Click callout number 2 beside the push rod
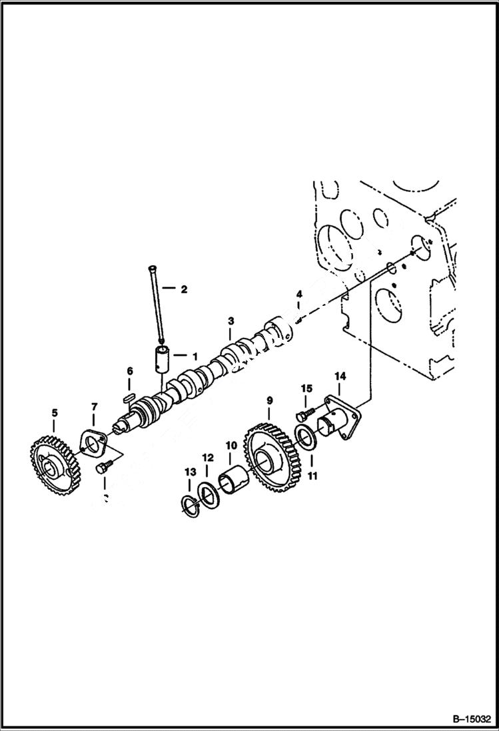point(184,289)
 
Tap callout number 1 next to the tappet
point(195,356)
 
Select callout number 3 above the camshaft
point(231,321)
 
